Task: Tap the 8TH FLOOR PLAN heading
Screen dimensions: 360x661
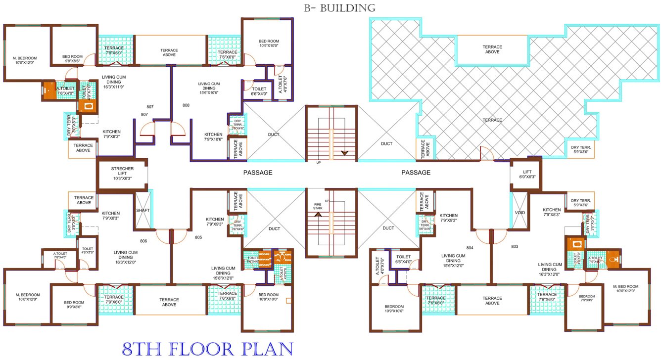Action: pyautogui.click(x=207, y=349)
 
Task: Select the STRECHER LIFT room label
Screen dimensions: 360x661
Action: pyautogui.click(x=122, y=174)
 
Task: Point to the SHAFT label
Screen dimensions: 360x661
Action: pyautogui.click(x=142, y=210)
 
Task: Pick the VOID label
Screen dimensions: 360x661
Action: pyautogui.click(x=519, y=213)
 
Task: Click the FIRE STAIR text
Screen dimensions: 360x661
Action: pyautogui.click(x=318, y=206)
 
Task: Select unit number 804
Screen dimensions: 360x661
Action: pyautogui.click(x=470, y=247)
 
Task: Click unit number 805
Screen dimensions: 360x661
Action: pyautogui.click(x=198, y=237)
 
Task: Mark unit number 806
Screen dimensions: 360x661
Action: pyautogui.click(x=143, y=241)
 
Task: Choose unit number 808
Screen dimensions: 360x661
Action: pyautogui.click(x=186, y=105)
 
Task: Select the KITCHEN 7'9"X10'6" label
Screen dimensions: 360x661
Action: pyautogui.click(x=214, y=137)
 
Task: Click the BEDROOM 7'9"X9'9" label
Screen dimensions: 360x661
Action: pyautogui.click(x=587, y=298)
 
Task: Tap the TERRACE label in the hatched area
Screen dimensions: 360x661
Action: pyautogui.click(x=492, y=120)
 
